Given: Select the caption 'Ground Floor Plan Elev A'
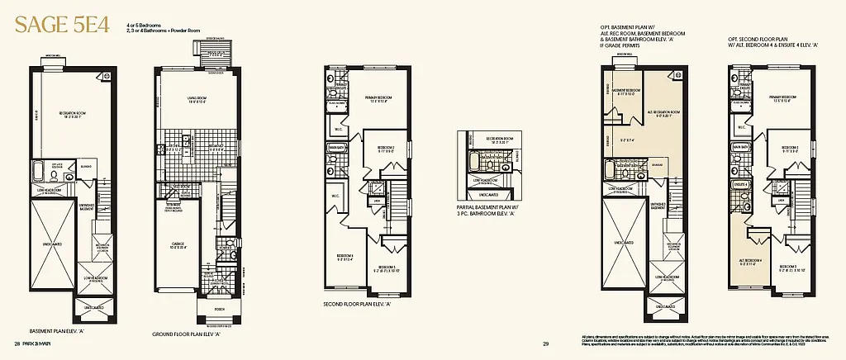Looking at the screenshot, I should pyautogui.click(x=189, y=335).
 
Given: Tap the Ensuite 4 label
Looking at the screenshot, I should pyautogui.click(x=741, y=184).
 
